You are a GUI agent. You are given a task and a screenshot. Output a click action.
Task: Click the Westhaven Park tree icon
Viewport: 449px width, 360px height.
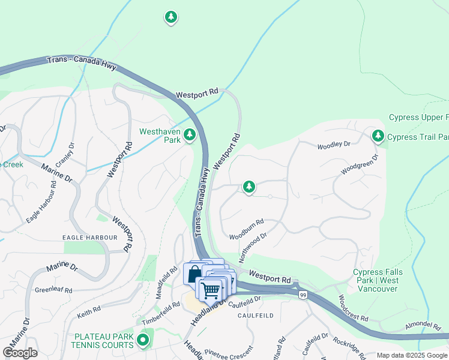pos(190,135)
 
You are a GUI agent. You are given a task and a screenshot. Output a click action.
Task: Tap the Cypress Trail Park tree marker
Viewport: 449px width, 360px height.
pos(378,136)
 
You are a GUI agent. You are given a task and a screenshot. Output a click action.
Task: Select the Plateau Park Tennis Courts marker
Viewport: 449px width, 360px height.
pos(143,341)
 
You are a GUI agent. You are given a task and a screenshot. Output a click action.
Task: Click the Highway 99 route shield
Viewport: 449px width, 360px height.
pos(303,295)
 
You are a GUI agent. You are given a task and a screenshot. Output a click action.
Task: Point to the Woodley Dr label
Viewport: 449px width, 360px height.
pos(333,145)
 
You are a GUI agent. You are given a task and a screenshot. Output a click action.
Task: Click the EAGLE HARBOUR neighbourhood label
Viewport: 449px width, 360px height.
pos(91,238)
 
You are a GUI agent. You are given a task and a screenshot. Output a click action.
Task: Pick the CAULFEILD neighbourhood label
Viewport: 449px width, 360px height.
pos(255,315)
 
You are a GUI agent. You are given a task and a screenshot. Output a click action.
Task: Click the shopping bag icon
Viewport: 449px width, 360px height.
pos(194,274)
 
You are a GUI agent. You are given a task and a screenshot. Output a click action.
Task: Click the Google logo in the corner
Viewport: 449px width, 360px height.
pos(20,352)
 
